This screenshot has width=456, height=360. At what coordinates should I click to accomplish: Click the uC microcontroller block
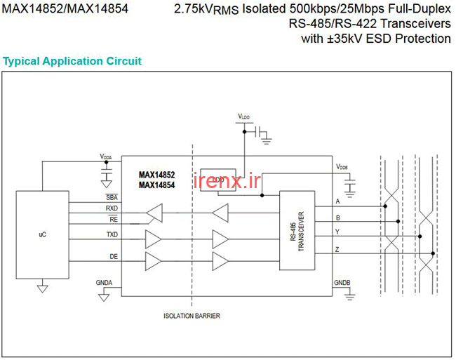point(42,234)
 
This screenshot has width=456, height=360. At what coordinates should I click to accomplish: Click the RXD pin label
point(112,208)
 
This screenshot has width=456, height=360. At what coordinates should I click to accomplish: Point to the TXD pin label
point(112,234)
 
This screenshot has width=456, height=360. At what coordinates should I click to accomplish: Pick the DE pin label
point(114,257)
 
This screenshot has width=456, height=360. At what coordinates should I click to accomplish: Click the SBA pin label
point(112,197)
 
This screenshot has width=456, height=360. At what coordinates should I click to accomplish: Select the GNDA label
point(103,282)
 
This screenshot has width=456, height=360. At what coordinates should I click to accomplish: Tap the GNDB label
point(342,282)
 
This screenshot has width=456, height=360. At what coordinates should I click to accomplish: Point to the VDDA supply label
point(105,156)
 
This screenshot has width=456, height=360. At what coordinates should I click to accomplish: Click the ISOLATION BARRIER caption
point(192,316)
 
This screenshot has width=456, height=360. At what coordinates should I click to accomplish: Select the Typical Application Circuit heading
point(72,61)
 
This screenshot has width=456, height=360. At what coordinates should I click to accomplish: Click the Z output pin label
point(337,248)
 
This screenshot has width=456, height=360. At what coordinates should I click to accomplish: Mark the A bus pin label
point(337,202)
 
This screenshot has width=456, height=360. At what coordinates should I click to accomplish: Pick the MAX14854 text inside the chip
point(156,185)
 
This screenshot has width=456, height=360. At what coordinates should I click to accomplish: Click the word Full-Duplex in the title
point(412,11)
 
